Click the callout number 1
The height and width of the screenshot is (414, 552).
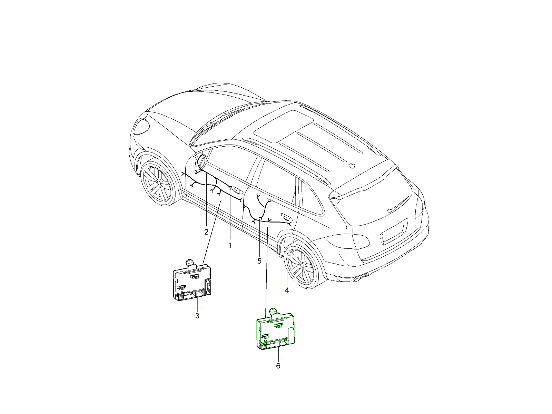click(x=230, y=245)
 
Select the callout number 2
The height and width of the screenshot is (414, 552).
click(x=206, y=232)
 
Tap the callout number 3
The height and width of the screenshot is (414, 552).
click(x=197, y=316)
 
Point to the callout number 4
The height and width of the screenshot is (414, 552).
click(x=287, y=290)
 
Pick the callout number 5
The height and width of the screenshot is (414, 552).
click(x=259, y=261)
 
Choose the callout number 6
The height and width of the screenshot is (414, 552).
click(x=278, y=366)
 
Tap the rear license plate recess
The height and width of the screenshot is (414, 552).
click(x=393, y=232)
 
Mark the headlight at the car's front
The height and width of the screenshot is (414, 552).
click(x=141, y=126)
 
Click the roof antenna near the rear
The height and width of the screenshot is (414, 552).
click(x=351, y=166)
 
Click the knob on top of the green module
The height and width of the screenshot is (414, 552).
click(x=275, y=313)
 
